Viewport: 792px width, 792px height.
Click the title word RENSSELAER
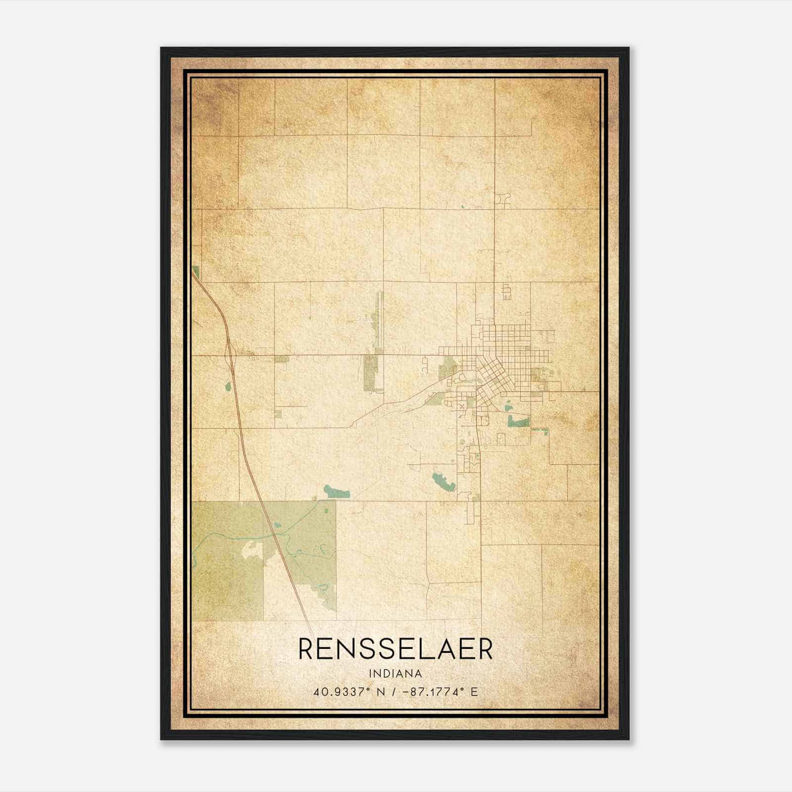coord(396,650)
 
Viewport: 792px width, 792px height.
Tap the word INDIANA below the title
coord(396,674)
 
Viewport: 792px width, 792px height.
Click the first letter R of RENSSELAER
coord(307,650)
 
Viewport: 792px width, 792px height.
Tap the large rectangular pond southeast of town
coord(518,422)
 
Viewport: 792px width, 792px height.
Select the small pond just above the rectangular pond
coord(508,408)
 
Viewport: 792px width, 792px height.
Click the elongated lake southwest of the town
coord(444,481)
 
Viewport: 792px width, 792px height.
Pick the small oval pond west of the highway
coord(228,386)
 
